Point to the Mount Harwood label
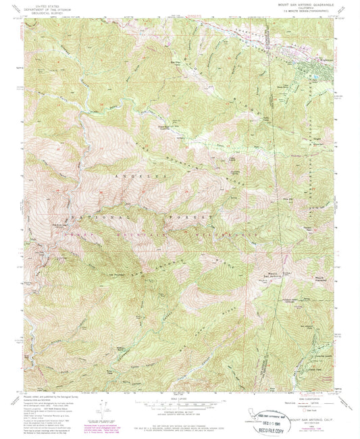320,278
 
